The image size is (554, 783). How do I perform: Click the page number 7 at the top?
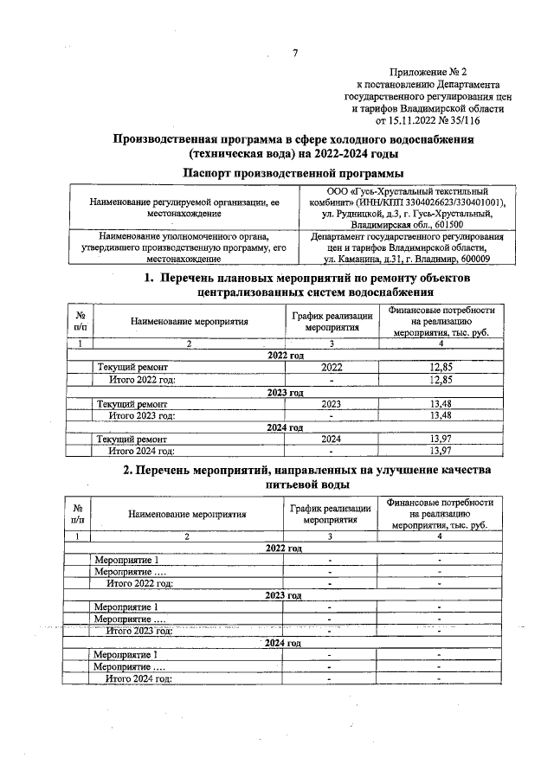(294, 54)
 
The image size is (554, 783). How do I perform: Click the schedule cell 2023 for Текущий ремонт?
(331, 404)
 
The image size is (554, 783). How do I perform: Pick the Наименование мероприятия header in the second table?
(188, 513)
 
